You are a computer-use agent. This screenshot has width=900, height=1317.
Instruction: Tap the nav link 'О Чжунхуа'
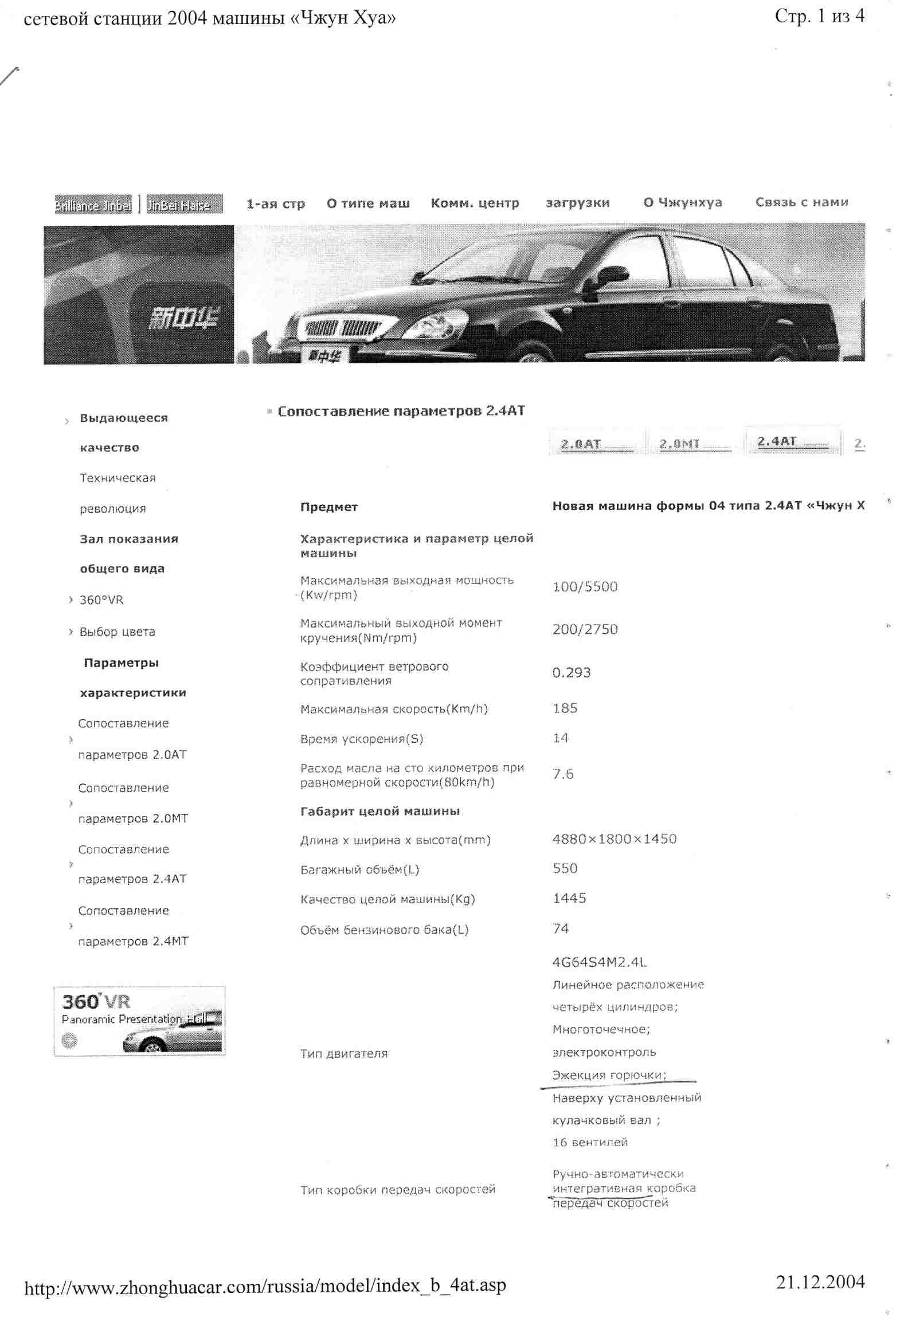point(682,202)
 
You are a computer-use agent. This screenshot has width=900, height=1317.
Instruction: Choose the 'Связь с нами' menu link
point(801,202)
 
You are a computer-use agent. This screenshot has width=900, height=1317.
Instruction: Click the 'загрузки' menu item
point(577,203)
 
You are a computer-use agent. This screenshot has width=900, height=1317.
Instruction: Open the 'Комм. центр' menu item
point(475,203)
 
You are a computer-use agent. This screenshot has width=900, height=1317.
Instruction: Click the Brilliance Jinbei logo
point(93,205)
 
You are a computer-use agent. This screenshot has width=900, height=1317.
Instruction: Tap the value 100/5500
point(585,586)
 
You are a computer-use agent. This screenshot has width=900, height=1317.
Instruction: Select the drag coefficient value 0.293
point(571,672)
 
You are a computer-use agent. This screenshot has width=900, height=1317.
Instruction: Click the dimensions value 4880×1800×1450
point(614,839)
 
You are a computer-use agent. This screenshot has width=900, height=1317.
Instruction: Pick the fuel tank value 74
point(560,928)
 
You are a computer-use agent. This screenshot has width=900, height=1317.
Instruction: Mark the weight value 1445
point(569,898)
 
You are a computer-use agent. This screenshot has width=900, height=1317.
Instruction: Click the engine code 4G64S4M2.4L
point(599,962)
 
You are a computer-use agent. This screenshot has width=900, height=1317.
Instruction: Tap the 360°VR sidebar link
point(101,600)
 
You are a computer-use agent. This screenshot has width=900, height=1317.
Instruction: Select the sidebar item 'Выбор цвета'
point(117,632)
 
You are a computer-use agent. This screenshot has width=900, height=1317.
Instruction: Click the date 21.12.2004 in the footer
point(820,1281)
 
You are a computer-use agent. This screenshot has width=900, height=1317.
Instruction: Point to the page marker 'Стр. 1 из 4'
point(819,16)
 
